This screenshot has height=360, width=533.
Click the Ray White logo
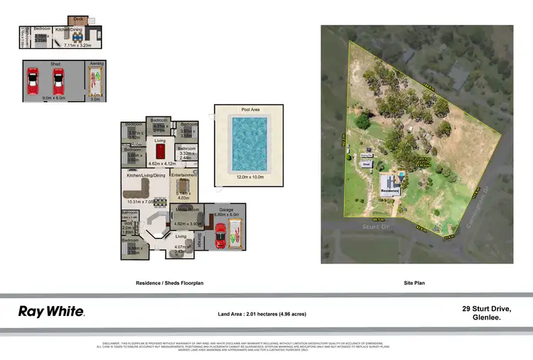(51, 311)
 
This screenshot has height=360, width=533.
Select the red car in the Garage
(220, 235)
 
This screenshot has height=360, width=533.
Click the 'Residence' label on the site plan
(389, 191)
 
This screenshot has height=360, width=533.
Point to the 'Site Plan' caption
(414, 283)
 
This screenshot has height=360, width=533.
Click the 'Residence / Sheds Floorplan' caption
(170, 283)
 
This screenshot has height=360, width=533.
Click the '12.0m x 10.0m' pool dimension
(249, 177)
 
